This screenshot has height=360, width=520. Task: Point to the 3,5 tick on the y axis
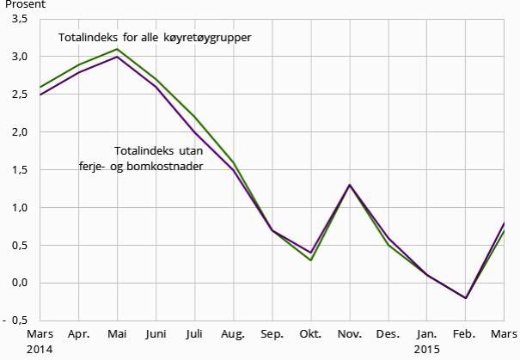coord(19,19)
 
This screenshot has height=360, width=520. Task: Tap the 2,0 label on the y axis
coord(19,132)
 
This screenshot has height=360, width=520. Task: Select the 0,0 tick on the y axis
coord(19,284)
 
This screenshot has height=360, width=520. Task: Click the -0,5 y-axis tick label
coord(17,320)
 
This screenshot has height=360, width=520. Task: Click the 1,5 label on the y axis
coord(19,170)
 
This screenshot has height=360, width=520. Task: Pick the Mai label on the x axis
coord(117,333)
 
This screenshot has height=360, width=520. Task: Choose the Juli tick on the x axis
coord(194,333)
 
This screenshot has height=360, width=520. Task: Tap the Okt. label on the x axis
coord(310,333)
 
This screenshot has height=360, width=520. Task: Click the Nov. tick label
coord(349,333)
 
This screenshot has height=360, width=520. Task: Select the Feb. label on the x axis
coord(465,333)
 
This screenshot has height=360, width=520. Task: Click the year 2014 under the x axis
coord(40,349)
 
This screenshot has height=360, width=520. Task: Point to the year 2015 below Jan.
coord(426,349)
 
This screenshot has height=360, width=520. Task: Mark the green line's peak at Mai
coord(117,49)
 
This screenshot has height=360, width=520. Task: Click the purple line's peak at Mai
coord(117,57)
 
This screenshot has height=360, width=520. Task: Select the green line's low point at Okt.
coord(310,260)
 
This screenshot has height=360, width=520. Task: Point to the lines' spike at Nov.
coord(349,185)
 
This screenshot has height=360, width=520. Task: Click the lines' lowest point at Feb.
coord(465,298)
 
